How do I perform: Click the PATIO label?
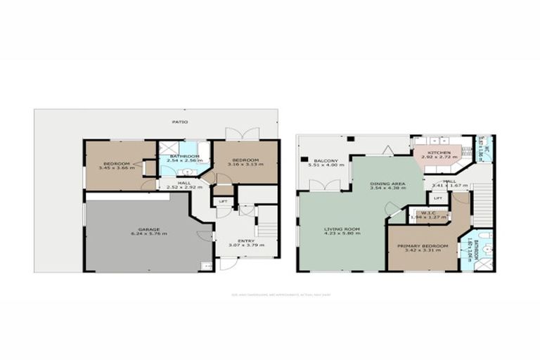coord(181,122)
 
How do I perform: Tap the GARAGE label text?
coord(149,229)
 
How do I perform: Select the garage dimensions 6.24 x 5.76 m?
coord(149,234)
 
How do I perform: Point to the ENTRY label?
coord(245,241)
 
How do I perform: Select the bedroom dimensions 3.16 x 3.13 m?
coord(246,165)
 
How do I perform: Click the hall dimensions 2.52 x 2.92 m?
coord(184,188)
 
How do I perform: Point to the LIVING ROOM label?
coord(342,229)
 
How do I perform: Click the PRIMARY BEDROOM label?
coord(423,245)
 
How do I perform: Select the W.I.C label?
coord(428,213)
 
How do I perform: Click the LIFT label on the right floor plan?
coord(437,198)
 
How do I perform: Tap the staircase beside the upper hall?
coord(482,204)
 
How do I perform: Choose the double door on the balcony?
coord(326,185)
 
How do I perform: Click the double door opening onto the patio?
coord(242,134)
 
